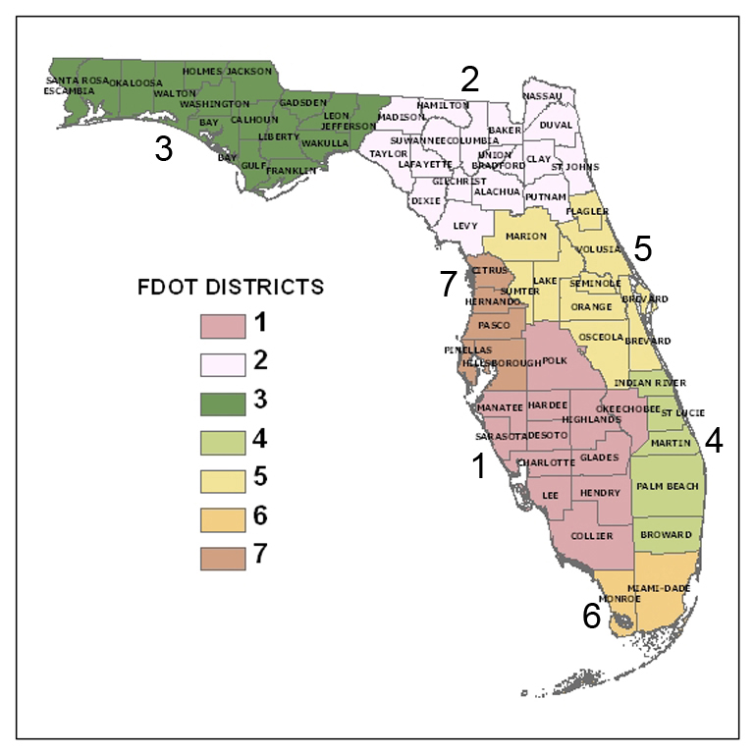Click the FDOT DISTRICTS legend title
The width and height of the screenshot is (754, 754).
229,288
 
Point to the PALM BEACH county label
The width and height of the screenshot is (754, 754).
668,486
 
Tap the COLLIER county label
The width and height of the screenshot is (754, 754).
591,536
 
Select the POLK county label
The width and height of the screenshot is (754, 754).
555,360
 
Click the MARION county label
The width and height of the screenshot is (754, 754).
526,236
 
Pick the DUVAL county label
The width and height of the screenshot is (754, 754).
556,125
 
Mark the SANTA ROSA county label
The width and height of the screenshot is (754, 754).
77,80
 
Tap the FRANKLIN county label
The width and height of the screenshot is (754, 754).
292,170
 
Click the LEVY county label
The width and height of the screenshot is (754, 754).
464,225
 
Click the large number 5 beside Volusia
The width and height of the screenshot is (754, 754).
642,248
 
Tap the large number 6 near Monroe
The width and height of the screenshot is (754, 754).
591,617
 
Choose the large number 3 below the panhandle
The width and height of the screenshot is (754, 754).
164,149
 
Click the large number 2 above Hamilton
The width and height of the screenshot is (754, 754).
470,79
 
